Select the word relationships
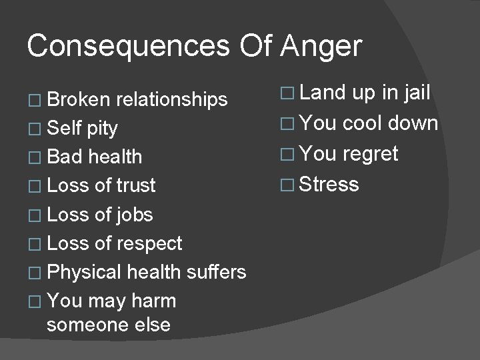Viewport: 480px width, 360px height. click(x=172, y=99)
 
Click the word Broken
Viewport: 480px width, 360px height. click(x=79, y=99)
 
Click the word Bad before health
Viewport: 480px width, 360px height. click(x=65, y=157)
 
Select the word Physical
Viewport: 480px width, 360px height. click(x=84, y=272)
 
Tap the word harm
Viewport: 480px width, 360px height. click(x=154, y=301)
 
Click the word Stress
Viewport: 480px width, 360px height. click(x=329, y=183)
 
